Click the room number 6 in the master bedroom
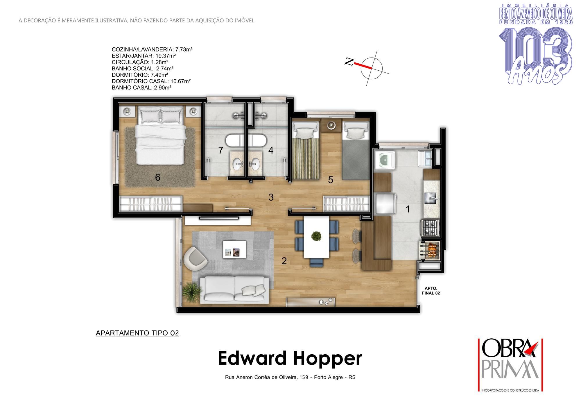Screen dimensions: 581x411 (158, 177)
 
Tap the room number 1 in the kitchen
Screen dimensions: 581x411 (408, 209)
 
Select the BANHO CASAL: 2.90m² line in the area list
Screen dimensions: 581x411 (141, 87)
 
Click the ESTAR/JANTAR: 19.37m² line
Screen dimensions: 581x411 (144, 56)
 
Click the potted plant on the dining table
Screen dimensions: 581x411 (316, 236)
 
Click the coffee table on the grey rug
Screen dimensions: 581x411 (234, 249)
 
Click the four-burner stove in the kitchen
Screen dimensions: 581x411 (430, 228)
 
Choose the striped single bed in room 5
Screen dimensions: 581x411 (306, 151)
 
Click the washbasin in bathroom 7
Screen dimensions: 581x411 (239, 164)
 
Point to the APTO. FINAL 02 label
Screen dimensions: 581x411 (431, 291)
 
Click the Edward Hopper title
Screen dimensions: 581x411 (290, 359)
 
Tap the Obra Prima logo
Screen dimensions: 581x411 (510, 365)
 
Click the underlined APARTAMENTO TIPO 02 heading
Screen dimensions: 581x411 (137, 333)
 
